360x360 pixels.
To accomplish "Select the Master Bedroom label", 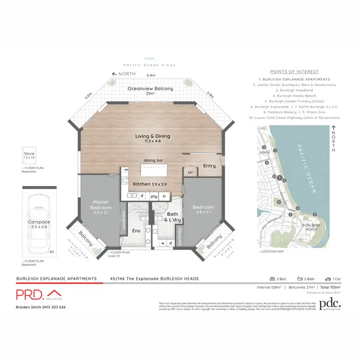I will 102,205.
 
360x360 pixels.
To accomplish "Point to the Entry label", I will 209,166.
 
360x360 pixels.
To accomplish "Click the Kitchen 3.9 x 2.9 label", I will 144,184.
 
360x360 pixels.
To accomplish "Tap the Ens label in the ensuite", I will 136,231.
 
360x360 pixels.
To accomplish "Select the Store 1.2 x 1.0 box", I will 29,157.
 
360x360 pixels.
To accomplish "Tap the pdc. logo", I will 330,303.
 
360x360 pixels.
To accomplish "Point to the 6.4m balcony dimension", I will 152,75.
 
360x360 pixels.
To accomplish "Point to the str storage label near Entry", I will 190,172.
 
